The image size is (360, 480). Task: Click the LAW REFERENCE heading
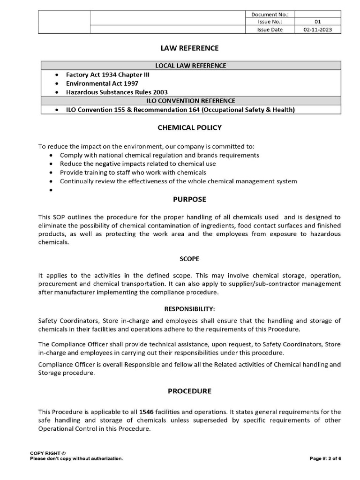[x=189, y=48]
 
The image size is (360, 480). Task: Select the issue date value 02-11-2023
[x=317, y=29]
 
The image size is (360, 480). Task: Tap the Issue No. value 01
[x=317, y=22]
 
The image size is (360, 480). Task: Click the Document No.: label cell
[x=270, y=14]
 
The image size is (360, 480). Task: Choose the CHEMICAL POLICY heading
[x=189, y=127]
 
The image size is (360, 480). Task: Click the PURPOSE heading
[x=189, y=199]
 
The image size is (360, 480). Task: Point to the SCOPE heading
[x=189, y=258]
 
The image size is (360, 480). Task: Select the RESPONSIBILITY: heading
[x=189, y=309]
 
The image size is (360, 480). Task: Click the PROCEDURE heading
[x=189, y=390]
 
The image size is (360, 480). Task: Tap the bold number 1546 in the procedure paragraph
[x=147, y=412]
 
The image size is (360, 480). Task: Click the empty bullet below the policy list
[x=51, y=190]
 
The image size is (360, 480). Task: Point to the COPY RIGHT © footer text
[x=48, y=453]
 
